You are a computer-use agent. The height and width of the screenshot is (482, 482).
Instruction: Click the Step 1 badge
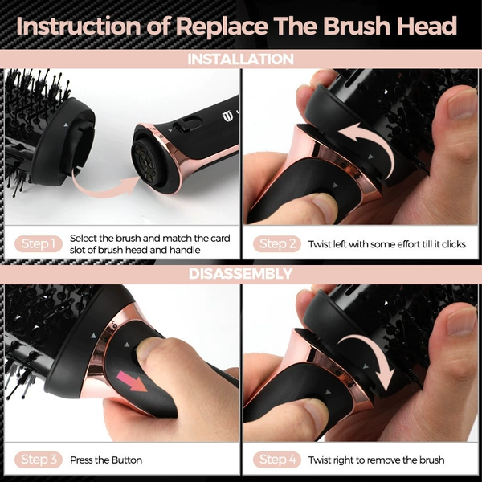pos(39,243)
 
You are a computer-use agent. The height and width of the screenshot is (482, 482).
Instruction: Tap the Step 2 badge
pos(277,243)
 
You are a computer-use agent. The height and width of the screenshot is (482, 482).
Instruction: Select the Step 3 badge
pos(39,460)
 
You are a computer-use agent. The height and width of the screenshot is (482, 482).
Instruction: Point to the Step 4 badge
pos(277,460)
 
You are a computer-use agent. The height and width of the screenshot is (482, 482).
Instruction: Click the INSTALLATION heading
pos(241,59)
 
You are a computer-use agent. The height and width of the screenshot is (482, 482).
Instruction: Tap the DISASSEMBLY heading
pos(241,274)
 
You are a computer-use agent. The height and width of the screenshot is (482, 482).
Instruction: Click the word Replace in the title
pos(222,27)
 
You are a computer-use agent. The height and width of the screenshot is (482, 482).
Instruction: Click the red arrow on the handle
pos(132,381)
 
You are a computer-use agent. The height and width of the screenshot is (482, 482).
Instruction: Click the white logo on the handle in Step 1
pos(227,116)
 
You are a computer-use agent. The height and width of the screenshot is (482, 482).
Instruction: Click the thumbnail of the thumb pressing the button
pos(149,348)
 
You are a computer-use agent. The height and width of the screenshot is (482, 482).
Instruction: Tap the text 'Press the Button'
pos(106,460)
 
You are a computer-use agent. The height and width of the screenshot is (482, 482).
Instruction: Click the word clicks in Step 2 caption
pos(454,244)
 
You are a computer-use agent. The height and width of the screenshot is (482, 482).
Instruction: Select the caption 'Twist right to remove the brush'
pos(376,460)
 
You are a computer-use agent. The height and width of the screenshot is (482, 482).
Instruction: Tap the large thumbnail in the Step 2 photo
pos(461,104)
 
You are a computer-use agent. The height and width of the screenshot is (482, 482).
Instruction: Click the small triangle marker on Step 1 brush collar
pos(65,125)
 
